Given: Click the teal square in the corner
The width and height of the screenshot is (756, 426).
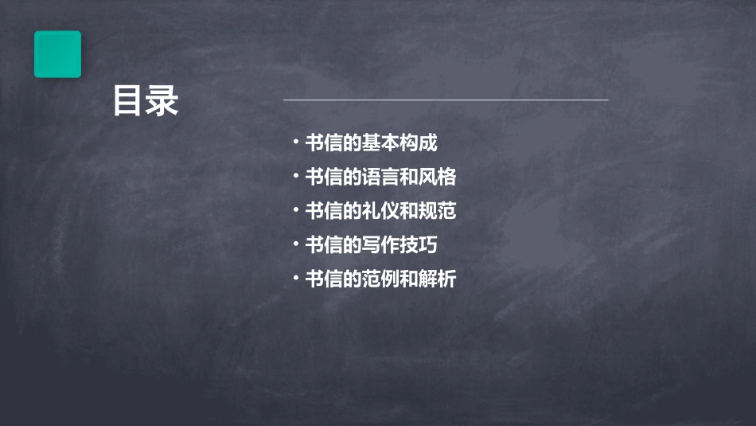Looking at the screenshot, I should tap(57, 54).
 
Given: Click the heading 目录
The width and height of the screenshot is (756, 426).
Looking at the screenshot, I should tap(145, 102).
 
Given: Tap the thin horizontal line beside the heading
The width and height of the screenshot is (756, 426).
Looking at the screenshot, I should tap(446, 100).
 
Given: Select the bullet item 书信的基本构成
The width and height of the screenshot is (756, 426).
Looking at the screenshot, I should tap(371, 143).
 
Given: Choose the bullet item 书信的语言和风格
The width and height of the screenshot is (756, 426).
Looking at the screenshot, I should tap(380, 177).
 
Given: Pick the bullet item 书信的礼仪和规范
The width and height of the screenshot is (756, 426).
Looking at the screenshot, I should tap(380, 211).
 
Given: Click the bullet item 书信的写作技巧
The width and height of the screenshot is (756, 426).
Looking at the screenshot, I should tap(371, 245).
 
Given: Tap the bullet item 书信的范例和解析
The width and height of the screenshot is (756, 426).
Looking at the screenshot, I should tap(380, 279).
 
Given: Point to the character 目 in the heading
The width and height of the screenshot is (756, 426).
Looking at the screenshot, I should tap(128, 102).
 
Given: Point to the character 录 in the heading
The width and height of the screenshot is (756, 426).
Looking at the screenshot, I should tap(162, 102).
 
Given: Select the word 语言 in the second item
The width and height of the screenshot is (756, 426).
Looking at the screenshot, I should tap(380, 177).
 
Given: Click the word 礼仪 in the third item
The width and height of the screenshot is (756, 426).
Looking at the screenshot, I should tap(380, 211).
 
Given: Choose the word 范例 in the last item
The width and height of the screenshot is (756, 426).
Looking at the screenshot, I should tap(380, 279).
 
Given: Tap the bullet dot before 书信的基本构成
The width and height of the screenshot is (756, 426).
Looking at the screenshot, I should tap(295, 143).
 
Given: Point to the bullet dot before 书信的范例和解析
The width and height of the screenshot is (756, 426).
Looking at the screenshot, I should tap(295, 279).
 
